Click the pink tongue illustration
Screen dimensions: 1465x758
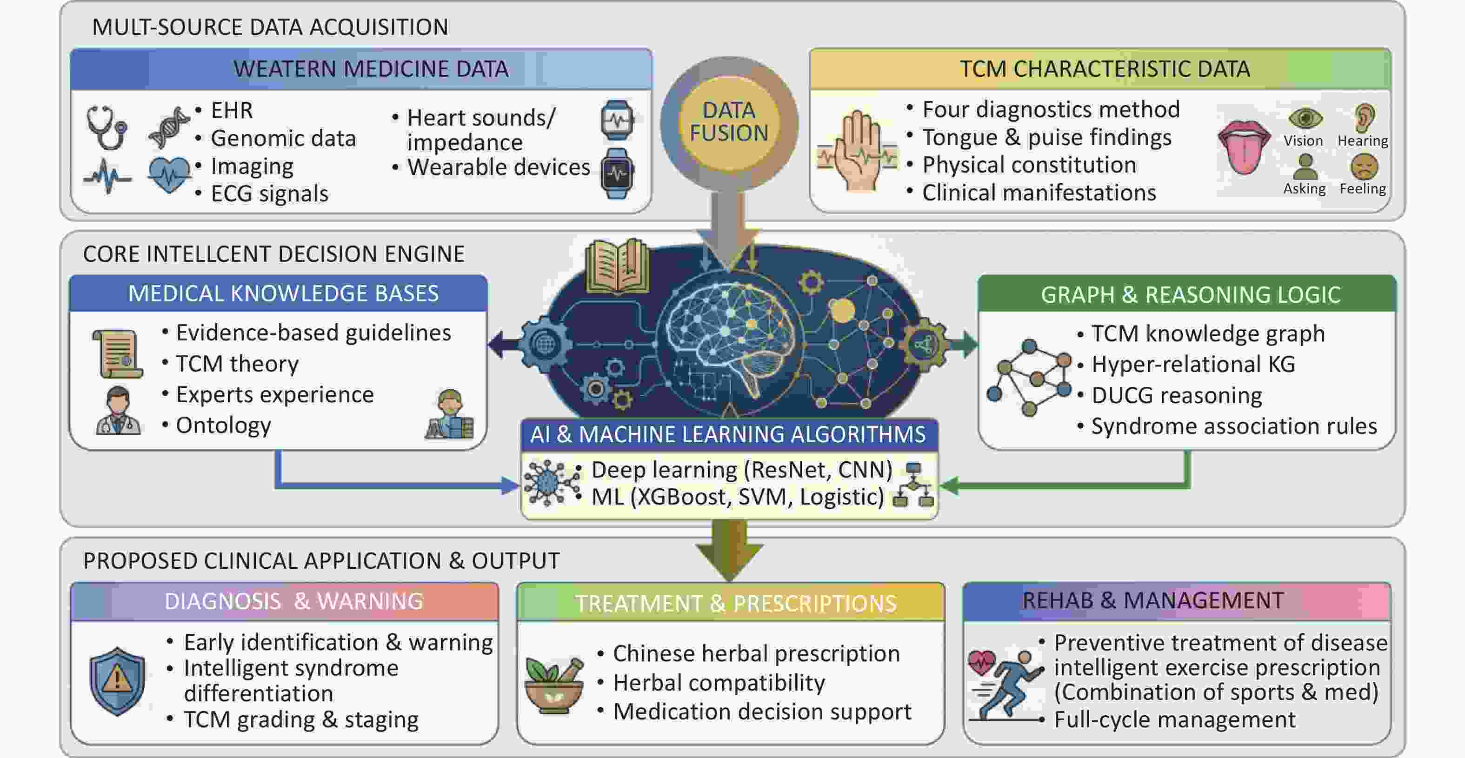click(1243, 146)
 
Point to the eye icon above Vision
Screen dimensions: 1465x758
click(1305, 118)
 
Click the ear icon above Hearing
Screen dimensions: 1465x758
click(1365, 118)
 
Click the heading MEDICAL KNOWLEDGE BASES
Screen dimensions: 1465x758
click(283, 293)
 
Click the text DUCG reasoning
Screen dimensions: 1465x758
click(1177, 395)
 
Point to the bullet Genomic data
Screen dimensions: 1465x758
click(283, 138)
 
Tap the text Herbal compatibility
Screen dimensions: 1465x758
click(719, 682)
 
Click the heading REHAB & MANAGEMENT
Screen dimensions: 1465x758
click(1153, 600)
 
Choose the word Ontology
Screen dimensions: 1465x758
click(224, 426)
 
